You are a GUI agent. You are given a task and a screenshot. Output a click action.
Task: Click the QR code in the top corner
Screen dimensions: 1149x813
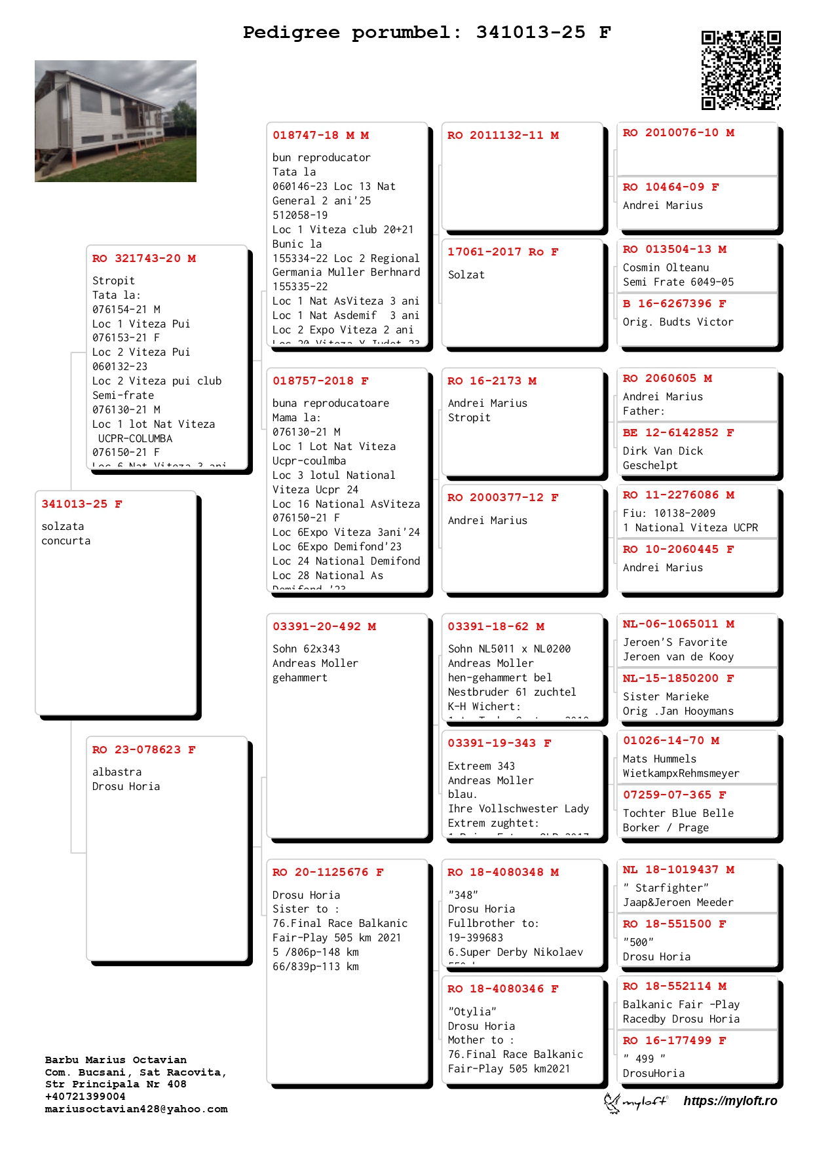point(741,70)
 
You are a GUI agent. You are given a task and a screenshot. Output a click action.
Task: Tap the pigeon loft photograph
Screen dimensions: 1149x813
point(115,121)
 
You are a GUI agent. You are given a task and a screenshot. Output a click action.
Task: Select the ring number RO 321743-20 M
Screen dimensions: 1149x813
point(144,259)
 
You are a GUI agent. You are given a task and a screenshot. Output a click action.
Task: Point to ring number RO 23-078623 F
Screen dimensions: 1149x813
point(144,750)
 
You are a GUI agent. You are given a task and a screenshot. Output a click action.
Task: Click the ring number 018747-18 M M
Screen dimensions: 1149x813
point(320,136)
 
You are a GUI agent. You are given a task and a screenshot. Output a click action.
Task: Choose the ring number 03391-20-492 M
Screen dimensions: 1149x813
point(324,627)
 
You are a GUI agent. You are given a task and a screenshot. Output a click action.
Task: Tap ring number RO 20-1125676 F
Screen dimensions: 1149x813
point(328,873)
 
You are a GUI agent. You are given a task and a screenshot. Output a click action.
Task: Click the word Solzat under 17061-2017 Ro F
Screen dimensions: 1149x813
point(466,275)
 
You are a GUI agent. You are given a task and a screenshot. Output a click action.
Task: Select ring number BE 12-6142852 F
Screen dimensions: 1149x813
point(678,433)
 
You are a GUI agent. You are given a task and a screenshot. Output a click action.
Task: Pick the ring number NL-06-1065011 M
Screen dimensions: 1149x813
point(678,624)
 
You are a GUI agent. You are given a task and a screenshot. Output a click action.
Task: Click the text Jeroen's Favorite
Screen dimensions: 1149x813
point(675,643)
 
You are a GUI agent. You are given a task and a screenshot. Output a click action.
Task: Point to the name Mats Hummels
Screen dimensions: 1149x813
point(660,759)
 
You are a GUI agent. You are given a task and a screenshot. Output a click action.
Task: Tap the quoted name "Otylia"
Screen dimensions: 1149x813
point(472,1012)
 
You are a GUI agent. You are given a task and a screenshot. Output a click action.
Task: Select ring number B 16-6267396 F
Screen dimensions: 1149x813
point(674,304)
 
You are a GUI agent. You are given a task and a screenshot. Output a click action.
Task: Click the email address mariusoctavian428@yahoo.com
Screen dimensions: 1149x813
point(136,1110)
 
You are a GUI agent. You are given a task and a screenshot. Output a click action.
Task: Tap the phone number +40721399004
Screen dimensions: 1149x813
point(85,1097)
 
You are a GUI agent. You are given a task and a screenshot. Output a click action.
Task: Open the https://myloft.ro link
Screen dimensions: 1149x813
point(730,1101)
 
